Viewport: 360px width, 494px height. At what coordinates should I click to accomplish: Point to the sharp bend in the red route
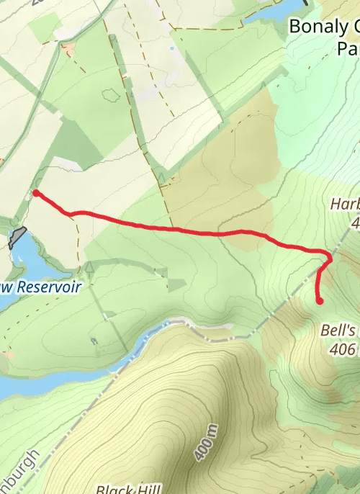pyautogui.click(x=330, y=256)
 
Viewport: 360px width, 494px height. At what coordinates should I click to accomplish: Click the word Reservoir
pyautogui.click(x=48, y=287)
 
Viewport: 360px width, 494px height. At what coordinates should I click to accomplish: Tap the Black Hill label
pyautogui.click(x=128, y=489)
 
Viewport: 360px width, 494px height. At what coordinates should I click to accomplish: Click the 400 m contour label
pyautogui.click(x=204, y=444)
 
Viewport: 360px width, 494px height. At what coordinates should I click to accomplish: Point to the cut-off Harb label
pyautogui.click(x=345, y=205)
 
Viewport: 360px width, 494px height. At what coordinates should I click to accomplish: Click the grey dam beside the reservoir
pyautogui.click(x=18, y=237)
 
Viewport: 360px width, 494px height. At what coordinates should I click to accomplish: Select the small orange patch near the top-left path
pyautogui.click(x=69, y=50)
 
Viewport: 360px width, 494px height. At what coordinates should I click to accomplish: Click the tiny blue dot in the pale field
pyautogui.click(x=171, y=48)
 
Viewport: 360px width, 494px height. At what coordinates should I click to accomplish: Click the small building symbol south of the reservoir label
pyautogui.click(x=94, y=341)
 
